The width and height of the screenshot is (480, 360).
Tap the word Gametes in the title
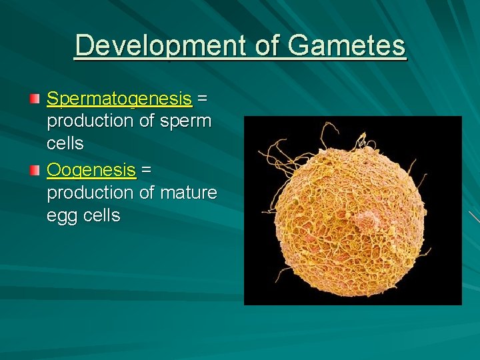(347, 46)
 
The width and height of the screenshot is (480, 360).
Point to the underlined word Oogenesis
(91, 170)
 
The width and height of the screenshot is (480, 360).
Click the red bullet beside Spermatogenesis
(35, 99)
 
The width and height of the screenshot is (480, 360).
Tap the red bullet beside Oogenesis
(35, 171)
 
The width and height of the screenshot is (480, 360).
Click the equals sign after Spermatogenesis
(203, 99)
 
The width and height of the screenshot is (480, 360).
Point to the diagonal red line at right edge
(473, 216)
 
